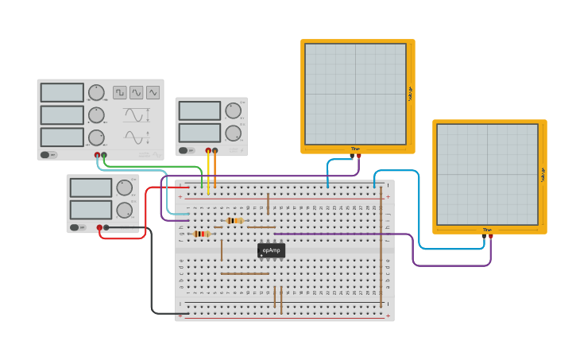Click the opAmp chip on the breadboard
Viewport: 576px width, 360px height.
tap(271, 250)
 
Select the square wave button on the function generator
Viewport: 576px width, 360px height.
tap(120, 92)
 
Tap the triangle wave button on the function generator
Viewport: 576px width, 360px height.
tap(137, 92)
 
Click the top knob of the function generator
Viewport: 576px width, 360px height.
tap(96, 92)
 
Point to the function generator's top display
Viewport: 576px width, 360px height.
tap(62, 92)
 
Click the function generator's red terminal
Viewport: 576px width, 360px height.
tap(98, 155)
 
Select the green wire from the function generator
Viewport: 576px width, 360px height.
tap(159, 167)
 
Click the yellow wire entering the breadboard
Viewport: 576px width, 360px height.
tap(208, 171)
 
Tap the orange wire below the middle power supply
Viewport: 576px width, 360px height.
tap(215, 171)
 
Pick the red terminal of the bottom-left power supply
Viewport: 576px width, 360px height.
tap(100, 227)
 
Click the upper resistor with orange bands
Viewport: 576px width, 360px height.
tap(234, 220)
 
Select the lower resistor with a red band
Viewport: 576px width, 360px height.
tap(201, 234)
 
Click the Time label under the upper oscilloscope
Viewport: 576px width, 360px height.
tap(355, 149)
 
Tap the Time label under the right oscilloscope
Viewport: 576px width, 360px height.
tap(487, 230)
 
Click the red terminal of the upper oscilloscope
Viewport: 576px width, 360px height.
tap(358, 156)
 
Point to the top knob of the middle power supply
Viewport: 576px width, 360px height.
tap(233, 110)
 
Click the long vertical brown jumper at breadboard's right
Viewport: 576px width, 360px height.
tap(381, 246)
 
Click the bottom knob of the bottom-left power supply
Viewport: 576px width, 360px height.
tap(124, 210)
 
